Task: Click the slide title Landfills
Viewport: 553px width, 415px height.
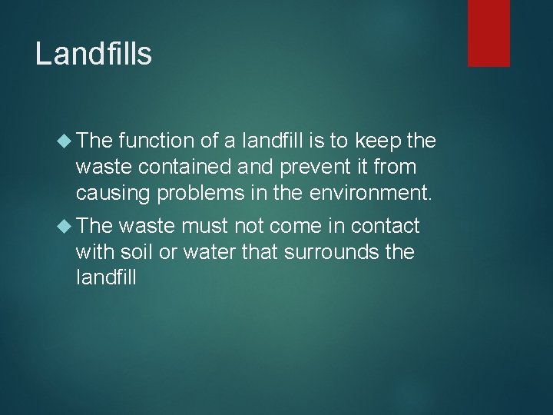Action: pos(94,54)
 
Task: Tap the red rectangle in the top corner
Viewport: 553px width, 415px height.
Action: pos(490,33)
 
